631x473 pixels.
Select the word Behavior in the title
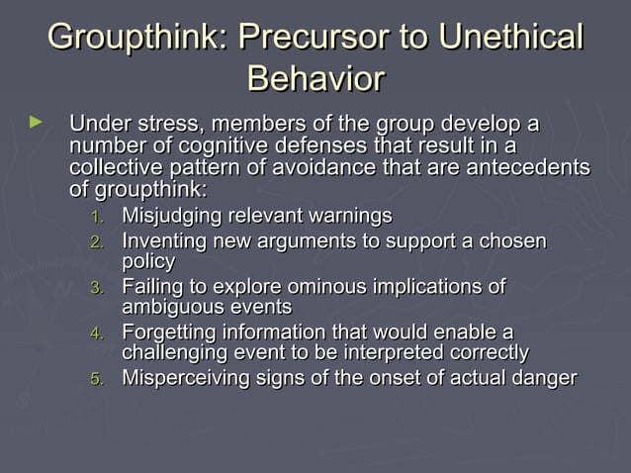(315, 78)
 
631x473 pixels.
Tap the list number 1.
(96, 217)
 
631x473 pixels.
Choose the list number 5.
(96, 379)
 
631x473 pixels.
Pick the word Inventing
(160, 241)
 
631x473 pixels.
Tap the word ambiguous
(168, 308)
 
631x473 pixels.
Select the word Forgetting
(169, 332)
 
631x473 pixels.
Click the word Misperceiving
(183, 378)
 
